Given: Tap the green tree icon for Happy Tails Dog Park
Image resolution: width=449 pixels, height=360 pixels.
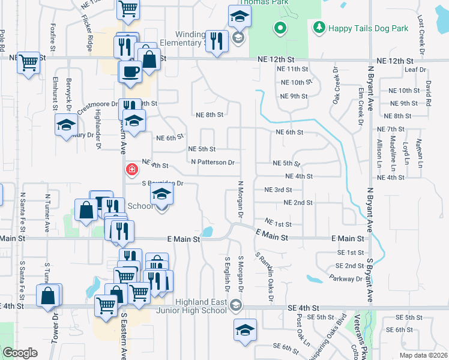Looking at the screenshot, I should [319, 28].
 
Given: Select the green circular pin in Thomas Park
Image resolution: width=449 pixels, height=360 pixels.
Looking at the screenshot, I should [279, 28].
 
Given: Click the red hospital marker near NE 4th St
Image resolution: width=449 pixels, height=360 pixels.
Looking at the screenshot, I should [130, 170].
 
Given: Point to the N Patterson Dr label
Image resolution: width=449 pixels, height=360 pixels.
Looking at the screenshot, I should [212, 162].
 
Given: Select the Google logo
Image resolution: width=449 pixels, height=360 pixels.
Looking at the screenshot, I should [20, 353].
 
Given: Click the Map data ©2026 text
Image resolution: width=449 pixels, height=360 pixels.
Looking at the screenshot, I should [423, 355].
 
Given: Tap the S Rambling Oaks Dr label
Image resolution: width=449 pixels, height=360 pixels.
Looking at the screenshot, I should [264, 277].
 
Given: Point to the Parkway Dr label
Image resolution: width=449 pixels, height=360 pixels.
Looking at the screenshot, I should [346, 278].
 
